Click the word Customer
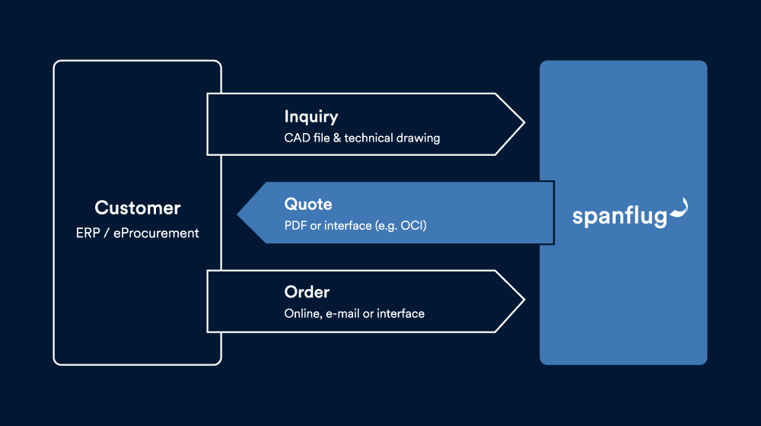click(137, 208)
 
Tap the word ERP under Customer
click(88, 233)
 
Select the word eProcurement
click(156, 234)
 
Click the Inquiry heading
click(311, 117)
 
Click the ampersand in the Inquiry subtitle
click(337, 138)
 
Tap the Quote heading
click(308, 205)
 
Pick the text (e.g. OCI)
click(401, 226)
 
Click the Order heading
click(307, 292)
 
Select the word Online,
click(304, 314)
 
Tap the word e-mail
click(342, 313)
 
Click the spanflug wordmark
click(619, 216)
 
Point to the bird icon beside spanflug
click(679, 208)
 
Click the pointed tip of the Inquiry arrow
click(524, 124)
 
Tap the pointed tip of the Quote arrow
click(237, 214)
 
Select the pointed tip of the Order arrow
click(524, 300)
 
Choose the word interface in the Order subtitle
click(401, 313)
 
